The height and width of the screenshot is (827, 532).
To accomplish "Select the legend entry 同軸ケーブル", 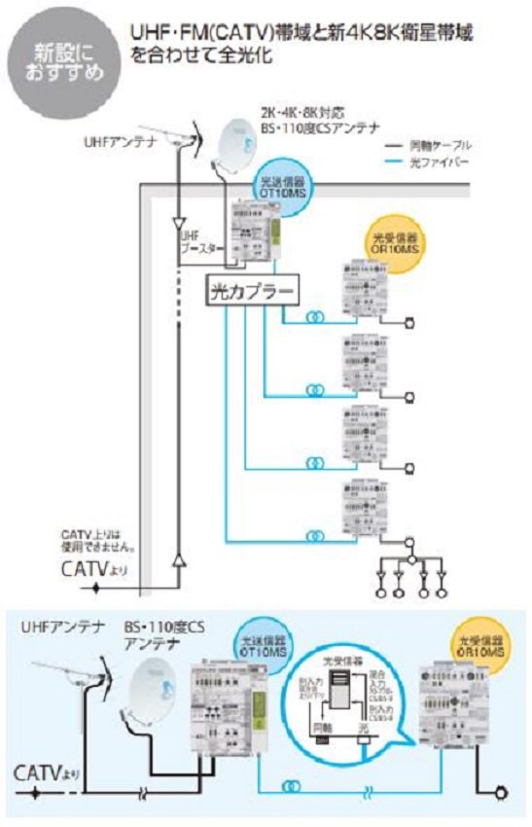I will [432, 144].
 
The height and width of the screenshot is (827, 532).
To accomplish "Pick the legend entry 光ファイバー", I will [432, 162].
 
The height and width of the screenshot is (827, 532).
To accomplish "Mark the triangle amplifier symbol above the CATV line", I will [178, 559].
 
